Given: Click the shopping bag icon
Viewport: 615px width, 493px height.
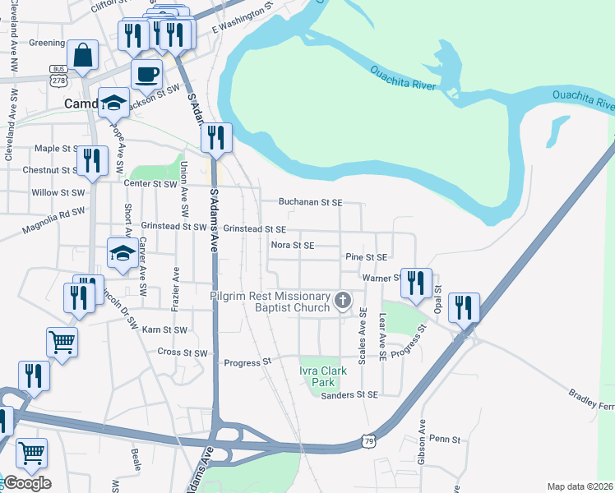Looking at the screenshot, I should [x=83, y=56].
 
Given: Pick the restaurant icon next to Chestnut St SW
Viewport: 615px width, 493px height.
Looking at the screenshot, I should [x=91, y=160].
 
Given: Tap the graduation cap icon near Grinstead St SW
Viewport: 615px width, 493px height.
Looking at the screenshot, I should [x=122, y=253].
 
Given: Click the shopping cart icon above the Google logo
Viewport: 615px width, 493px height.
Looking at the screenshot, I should [x=31, y=453].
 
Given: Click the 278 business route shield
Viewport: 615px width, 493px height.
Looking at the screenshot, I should [x=58, y=76].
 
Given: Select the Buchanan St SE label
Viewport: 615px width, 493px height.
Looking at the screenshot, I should [x=309, y=201].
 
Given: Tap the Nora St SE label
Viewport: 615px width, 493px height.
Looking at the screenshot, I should [x=293, y=245].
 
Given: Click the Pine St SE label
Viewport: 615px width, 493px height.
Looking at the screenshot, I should [x=366, y=257].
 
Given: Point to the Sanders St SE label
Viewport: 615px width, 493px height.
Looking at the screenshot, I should [x=349, y=395].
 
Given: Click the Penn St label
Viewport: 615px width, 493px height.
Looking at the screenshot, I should [x=445, y=440].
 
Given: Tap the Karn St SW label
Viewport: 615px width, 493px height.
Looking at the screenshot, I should [x=165, y=329].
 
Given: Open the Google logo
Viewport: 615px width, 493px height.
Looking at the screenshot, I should [x=26, y=483].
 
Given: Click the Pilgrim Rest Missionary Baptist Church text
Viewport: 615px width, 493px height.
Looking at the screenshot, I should [x=271, y=302].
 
